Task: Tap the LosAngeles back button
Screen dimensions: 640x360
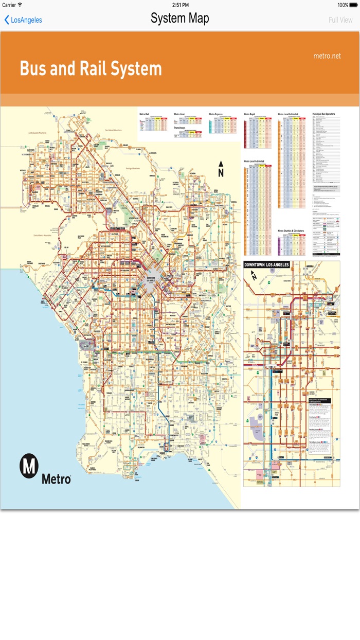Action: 23,20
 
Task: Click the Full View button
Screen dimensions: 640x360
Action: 340,20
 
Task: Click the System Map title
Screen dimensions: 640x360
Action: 179,19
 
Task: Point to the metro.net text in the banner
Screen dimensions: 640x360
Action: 327,56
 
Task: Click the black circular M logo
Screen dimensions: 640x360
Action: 29,466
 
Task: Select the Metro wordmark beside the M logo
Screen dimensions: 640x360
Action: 56,478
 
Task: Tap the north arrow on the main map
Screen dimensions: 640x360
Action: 221,169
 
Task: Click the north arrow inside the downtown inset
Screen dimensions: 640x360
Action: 253,276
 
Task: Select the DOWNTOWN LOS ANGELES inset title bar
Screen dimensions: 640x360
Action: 266,264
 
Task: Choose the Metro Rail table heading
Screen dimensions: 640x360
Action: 144,114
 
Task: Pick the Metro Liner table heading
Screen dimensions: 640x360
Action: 179,114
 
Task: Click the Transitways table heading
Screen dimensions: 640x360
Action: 179,128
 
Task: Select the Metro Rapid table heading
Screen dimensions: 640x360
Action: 249,114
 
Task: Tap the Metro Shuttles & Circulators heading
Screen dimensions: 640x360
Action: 291,230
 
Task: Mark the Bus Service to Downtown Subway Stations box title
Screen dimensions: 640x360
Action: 318,400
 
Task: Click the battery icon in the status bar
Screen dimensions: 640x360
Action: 353,5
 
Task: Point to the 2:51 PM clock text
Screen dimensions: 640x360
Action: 180,5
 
